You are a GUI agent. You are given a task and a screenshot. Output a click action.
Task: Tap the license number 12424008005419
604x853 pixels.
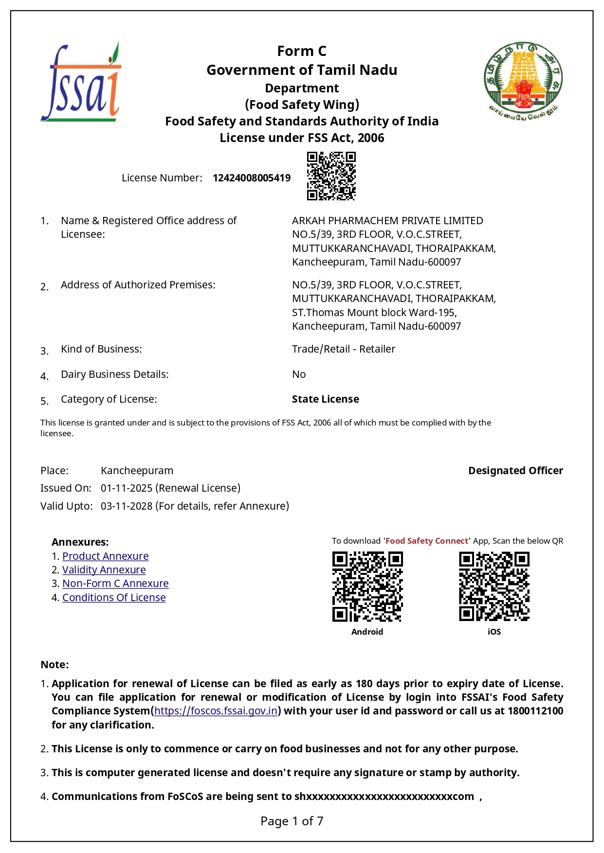252,178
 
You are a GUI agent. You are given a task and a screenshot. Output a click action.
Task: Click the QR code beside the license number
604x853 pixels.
331,176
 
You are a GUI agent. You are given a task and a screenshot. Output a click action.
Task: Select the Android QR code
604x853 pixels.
367,586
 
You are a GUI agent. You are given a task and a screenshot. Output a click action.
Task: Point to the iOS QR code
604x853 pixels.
494,586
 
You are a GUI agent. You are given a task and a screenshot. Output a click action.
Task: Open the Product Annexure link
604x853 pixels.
105,556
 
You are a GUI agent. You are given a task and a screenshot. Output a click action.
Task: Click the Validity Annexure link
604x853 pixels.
104,569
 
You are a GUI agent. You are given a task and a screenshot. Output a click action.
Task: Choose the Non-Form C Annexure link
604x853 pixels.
115,583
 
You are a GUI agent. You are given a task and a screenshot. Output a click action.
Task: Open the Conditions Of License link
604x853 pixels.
114,597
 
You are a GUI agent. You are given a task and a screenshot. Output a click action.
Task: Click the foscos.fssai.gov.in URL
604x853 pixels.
216,711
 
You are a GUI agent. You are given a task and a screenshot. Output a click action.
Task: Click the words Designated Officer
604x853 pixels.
515,470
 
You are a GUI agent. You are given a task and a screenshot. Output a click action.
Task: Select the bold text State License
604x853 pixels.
325,399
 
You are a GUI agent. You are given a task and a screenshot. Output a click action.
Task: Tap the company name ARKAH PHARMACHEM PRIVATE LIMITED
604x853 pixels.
387,220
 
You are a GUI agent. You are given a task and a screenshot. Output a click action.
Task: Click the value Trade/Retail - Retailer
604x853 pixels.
343,349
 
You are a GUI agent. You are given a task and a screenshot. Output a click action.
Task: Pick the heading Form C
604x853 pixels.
302,51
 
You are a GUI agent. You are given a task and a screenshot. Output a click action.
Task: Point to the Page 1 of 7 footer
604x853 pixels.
292,821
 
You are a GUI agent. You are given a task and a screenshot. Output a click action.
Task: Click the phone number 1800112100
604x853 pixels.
535,711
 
